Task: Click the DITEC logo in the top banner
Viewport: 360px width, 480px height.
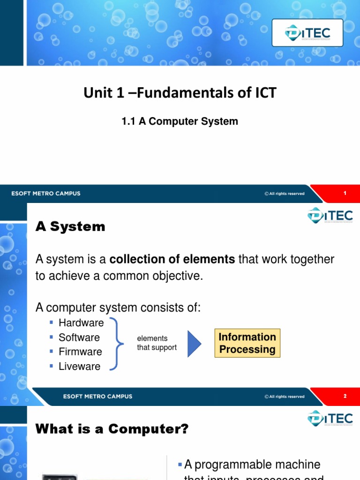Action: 307,33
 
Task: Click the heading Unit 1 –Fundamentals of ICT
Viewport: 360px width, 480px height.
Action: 180,93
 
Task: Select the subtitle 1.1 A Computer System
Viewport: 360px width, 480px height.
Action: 180,121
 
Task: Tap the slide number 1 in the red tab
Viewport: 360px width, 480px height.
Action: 345,194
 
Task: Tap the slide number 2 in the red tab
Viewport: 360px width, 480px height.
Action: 345,396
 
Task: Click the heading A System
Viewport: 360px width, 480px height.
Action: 70,227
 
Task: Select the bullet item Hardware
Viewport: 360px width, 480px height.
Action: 81,322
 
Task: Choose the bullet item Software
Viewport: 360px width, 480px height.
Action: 79,337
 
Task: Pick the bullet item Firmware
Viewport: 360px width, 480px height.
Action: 80,352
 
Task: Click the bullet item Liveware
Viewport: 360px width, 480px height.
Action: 79,367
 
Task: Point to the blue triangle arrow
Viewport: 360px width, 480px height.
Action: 194,344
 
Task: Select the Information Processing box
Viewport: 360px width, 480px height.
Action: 247,344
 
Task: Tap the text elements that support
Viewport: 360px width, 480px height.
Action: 157,343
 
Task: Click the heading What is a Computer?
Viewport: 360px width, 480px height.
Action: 112,429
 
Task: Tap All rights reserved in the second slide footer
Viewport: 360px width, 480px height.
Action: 285,397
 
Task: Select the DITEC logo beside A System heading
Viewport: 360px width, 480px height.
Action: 330,216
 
